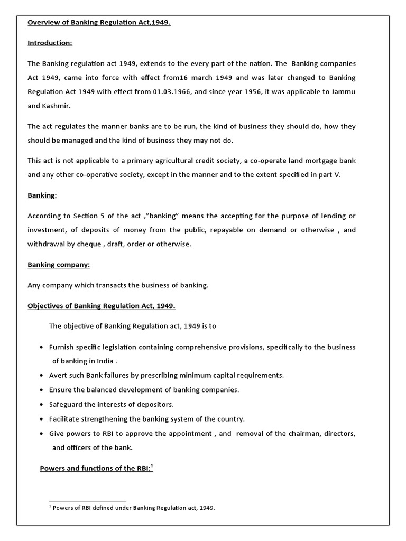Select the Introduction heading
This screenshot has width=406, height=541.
(x=50, y=43)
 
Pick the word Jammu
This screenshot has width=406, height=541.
(x=344, y=91)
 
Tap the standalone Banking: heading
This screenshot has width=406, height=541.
(x=42, y=195)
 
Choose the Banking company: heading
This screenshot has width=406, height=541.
(x=59, y=264)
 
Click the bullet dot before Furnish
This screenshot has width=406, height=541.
(x=42, y=348)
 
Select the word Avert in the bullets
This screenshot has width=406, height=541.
(x=59, y=375)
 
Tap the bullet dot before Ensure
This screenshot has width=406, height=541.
(x=42, y=390)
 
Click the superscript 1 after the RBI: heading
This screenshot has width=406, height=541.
(x=151, y=465)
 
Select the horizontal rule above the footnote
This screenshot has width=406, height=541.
(x=87, y=501)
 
